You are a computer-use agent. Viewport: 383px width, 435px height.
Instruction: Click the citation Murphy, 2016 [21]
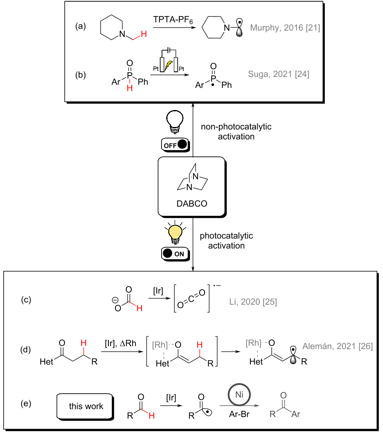(x=285, y=28)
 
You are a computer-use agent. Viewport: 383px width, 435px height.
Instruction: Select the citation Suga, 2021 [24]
(x=279, y=74)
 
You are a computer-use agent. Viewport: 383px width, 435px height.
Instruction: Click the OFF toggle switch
(x=174, y=144)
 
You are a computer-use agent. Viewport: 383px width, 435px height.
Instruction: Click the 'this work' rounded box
(x=86, y=407)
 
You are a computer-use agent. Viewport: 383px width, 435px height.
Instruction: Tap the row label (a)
(x=81, y=26)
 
